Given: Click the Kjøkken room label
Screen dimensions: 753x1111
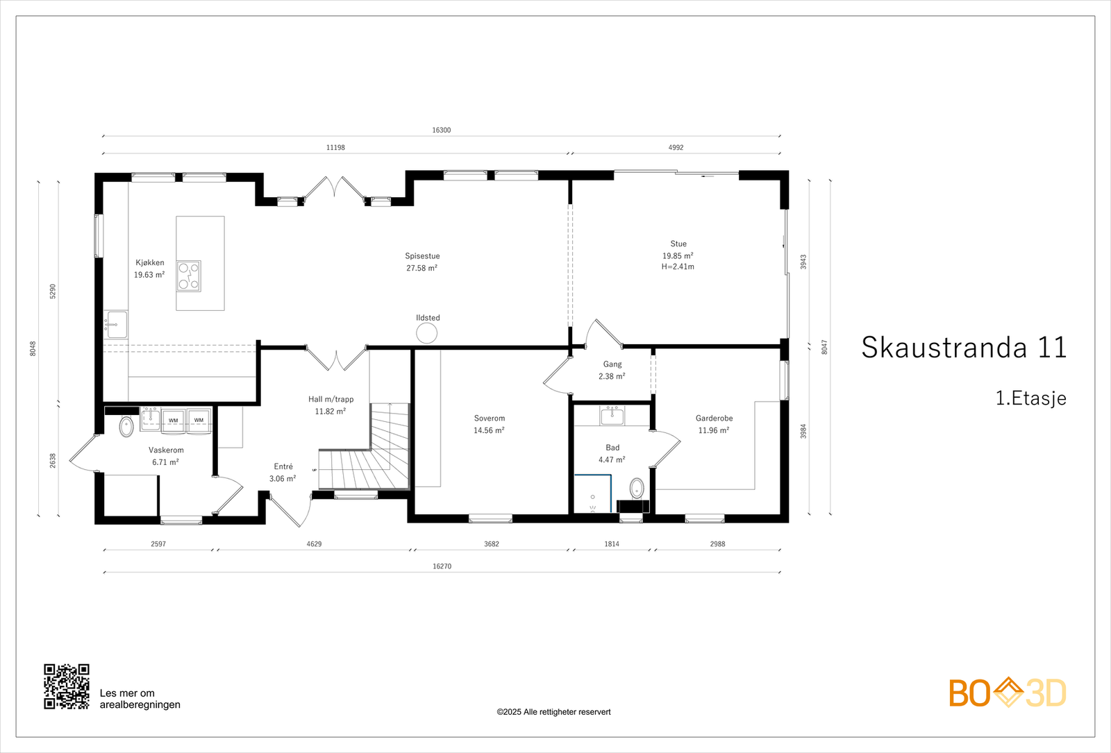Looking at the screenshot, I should tap(150, 263).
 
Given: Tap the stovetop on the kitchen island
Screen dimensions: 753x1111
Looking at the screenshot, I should tap(188, 276).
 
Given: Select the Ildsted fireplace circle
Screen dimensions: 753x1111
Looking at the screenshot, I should tap(426, 333).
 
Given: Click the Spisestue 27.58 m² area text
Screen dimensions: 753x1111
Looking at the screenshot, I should tap(422, 268).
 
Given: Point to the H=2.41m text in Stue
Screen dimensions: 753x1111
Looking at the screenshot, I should tap(678, 266).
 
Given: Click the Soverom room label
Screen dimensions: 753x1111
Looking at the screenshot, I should tap(490, 418).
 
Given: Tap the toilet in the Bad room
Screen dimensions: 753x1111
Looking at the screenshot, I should tap(637, 487).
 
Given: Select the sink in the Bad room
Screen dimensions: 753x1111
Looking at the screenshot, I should tap(612, 416).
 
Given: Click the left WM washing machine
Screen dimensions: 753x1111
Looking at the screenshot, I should tap(173, 421).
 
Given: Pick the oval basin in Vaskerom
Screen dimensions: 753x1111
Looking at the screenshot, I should tap(126, 426).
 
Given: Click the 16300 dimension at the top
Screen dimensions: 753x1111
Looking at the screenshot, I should tap(442, 130).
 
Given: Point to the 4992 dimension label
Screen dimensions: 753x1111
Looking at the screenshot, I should tap(676, 148).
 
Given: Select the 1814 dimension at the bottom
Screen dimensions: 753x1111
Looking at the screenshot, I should tap(612, 544).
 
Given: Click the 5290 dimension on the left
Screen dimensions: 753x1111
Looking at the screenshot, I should tap(53, 291).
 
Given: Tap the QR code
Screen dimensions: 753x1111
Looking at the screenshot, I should tap(67, 686).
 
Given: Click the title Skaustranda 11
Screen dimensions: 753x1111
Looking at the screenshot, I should tap(964, 348).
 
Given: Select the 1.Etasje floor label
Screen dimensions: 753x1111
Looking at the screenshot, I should tap(1030, 398).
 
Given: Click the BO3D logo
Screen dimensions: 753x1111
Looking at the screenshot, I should tap(1008, 693).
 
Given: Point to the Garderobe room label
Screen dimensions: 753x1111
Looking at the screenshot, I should tap(714, 418).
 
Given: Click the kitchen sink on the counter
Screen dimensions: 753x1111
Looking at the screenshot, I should tap(117, 324).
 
